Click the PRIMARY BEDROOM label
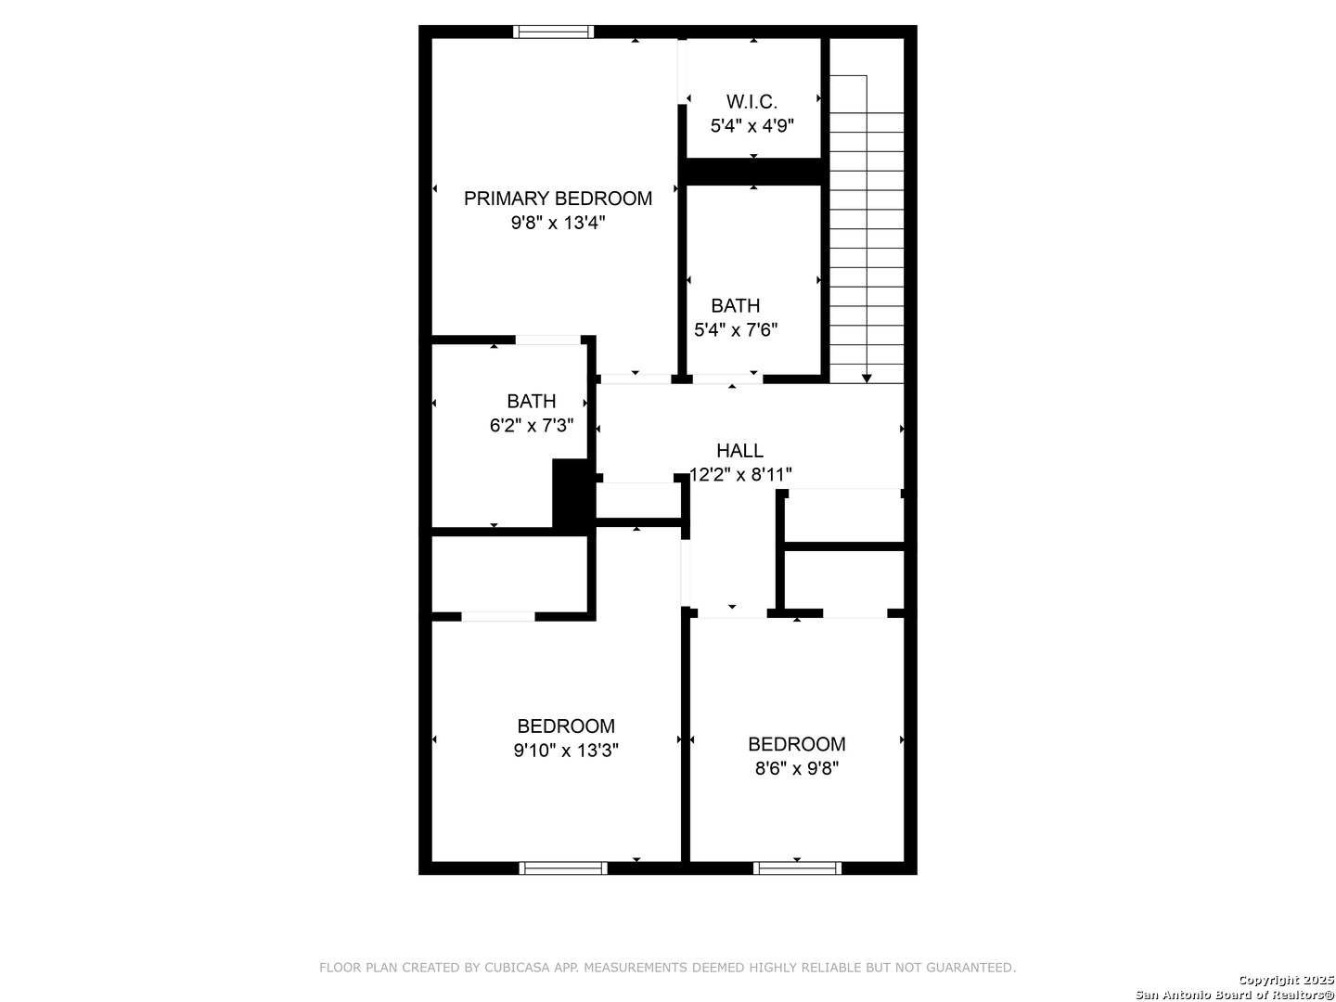coord(558,199)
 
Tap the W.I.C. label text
coord(751,101)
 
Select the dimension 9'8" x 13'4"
coord(558,223)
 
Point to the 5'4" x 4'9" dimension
coord(751,125)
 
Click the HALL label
coord(739,450)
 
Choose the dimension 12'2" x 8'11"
coord(740,474)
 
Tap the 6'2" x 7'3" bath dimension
coord(532,425)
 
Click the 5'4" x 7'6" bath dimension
coord(736,329)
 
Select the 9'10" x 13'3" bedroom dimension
coord(566,751)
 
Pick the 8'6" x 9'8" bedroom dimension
coord(797,768)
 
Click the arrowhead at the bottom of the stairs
coord(867,379)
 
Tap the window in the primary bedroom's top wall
coord(553,32)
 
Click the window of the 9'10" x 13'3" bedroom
coord(563,868)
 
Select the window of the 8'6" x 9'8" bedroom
coord(797,868)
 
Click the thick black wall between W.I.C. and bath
coord(753,172)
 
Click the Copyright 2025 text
coord(1286,980)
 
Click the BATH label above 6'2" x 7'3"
coord(532,401)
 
